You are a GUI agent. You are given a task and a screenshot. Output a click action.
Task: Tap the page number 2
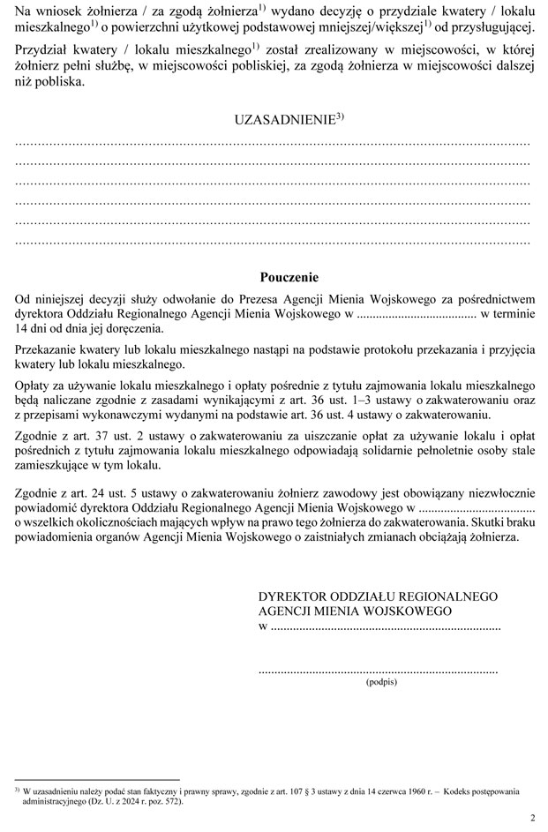tap(532, 818)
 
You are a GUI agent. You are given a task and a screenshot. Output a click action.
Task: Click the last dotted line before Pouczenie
tap(273, 241)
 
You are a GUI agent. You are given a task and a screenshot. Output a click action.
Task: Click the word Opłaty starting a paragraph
tap(36, 385)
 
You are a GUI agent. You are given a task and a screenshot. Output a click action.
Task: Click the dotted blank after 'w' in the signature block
tap(385, 626)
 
